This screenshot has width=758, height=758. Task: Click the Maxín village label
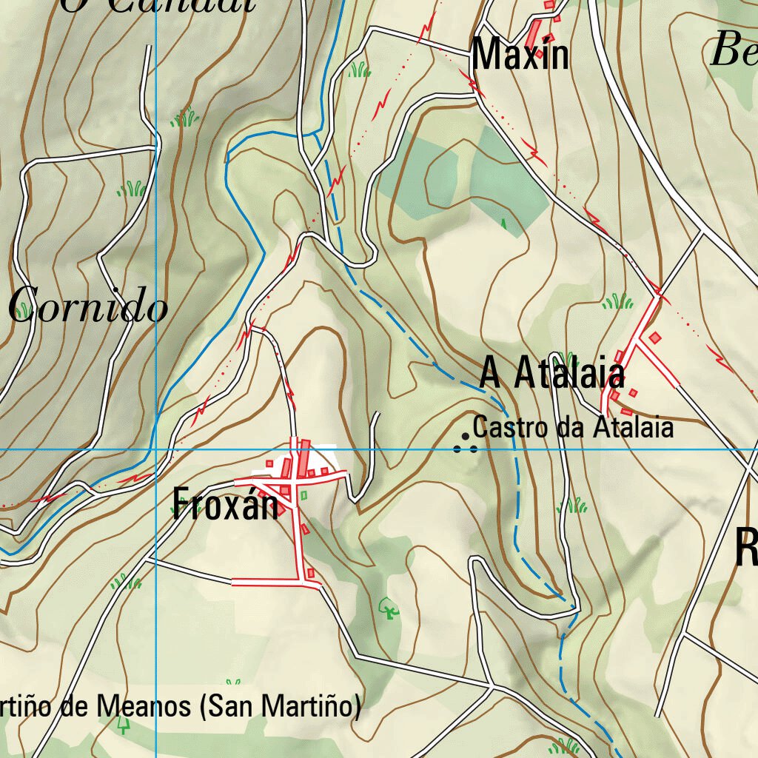(520, 55)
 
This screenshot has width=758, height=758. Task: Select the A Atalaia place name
(552, 372)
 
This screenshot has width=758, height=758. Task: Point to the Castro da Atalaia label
(573, 427)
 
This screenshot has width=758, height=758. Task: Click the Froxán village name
(226, 505)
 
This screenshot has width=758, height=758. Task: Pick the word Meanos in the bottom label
(145, 707)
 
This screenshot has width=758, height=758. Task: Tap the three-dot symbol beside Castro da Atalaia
(465, 444)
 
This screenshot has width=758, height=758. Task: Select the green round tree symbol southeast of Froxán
(389, 609)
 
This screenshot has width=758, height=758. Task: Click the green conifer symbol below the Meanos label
(123, 723)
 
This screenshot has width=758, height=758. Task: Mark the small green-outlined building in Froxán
(303, 494)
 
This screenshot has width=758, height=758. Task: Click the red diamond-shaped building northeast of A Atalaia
(654, 338)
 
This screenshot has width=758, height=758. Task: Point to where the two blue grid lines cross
(155, 449)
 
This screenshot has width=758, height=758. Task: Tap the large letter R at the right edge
(746, 548)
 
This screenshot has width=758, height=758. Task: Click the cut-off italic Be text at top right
(733, 52)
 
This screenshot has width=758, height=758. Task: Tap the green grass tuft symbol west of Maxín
(360, 70)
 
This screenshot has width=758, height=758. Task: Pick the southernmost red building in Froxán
(311, 573)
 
